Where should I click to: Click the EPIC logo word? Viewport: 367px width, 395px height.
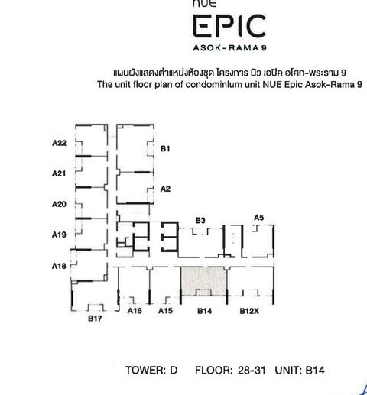tap(229, 25)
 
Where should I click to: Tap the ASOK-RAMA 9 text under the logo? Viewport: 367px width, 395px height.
tap(230, 48)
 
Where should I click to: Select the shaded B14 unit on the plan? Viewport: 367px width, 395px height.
tap(203, 281)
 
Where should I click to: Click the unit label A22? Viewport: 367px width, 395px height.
tap(59, 143)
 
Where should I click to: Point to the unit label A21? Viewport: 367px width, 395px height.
tap(59, 173)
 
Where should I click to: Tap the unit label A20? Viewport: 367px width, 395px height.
tap(59, 204)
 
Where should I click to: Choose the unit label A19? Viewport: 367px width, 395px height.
tap(59, 235)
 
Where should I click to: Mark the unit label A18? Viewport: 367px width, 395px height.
tap(59, 266)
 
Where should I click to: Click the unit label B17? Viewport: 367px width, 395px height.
tap(95, 319)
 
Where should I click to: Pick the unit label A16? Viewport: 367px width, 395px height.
tap(135, 311)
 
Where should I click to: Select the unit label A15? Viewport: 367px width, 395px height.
tap(165, 311)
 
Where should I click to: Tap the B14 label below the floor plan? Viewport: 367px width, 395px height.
tap(205, 311)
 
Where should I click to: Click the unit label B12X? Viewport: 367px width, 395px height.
tap(249, 311)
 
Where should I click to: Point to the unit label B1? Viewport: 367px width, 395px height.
tap(165, 149)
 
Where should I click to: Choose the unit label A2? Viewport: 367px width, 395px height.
tap(165, 189)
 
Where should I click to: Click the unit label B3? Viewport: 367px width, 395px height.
tap(200, 220)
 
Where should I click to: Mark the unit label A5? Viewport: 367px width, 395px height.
tap(259, 218)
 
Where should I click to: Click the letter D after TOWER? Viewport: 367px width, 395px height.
tap(174, 371)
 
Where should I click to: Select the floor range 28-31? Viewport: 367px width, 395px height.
tap(252, 371)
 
